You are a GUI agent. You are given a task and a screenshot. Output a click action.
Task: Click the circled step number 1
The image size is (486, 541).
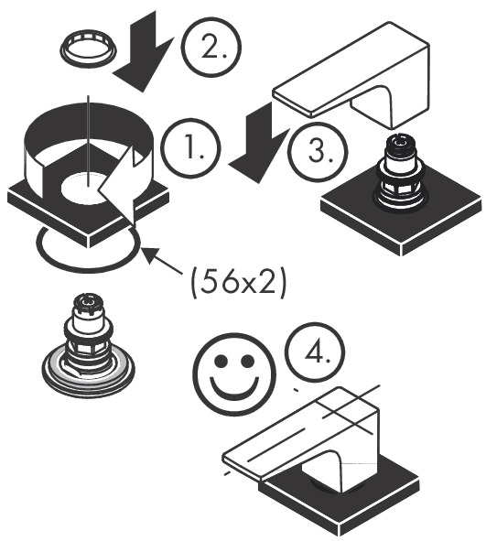(x=190, y=147)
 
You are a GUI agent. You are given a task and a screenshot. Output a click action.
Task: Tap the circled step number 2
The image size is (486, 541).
(x=211, y=49)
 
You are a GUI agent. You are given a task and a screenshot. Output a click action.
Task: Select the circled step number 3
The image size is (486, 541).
(x=317, y=151)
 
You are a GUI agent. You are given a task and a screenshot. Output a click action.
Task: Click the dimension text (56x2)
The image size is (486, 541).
(x=238, y=283)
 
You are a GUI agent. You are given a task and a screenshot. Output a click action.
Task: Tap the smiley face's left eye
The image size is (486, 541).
(x=221, y=362)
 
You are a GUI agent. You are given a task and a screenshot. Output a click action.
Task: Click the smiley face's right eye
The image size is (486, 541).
(x=247, y=362)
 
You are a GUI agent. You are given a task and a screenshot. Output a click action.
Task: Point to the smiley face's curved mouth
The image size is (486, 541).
(x=234, y=393)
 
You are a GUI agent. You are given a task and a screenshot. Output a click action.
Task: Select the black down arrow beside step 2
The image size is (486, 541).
(x=145, y=52)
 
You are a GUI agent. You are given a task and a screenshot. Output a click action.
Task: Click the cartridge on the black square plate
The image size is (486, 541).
(x=402, y=172)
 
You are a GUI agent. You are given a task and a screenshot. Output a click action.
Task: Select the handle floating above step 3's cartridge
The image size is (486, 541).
(x=351, y=76)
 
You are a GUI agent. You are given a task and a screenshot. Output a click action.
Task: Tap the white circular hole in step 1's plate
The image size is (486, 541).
(x=86, y=187)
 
